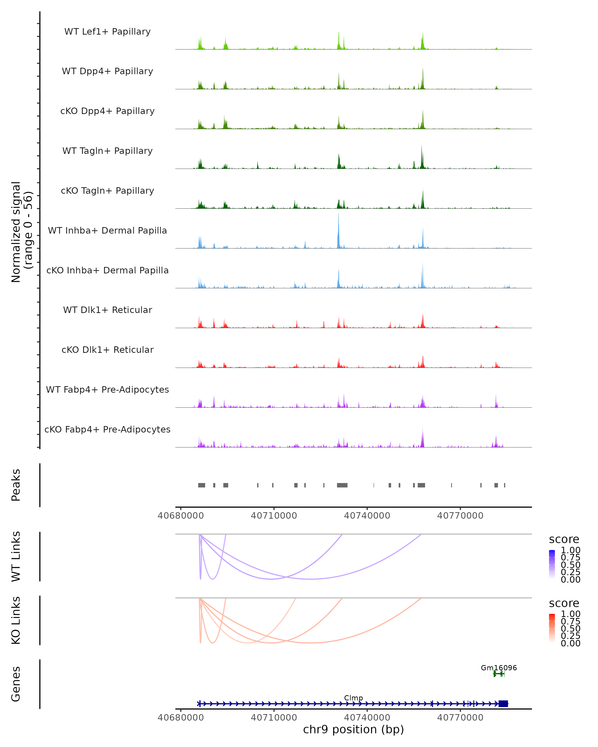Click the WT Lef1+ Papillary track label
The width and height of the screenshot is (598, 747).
pyautogui.click(x=107, y=32)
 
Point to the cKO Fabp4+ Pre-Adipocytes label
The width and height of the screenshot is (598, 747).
pyautogui.click(x=107, y=429)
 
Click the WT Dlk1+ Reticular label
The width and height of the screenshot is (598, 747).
pyautogui.click(x=107, y=310)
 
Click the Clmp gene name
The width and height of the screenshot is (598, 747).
pyautogui.click(x=353, y=698)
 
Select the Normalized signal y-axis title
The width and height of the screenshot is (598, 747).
pyautogui.click(x=21, y=232)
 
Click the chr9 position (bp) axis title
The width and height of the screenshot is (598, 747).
pyautogui.click(x=353, y=729)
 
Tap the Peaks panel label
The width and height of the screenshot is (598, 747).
pyautogui.click(x=16, y=485)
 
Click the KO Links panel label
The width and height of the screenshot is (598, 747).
pyautogui.click(x=16, y=620)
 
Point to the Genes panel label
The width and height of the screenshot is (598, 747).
pyautogui.click(x=16, y=684)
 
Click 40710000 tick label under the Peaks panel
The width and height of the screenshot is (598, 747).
pyautogui.click(x=274, y=516)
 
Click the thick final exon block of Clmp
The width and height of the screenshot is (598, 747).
pyautogui.click(x=503, y=704)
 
